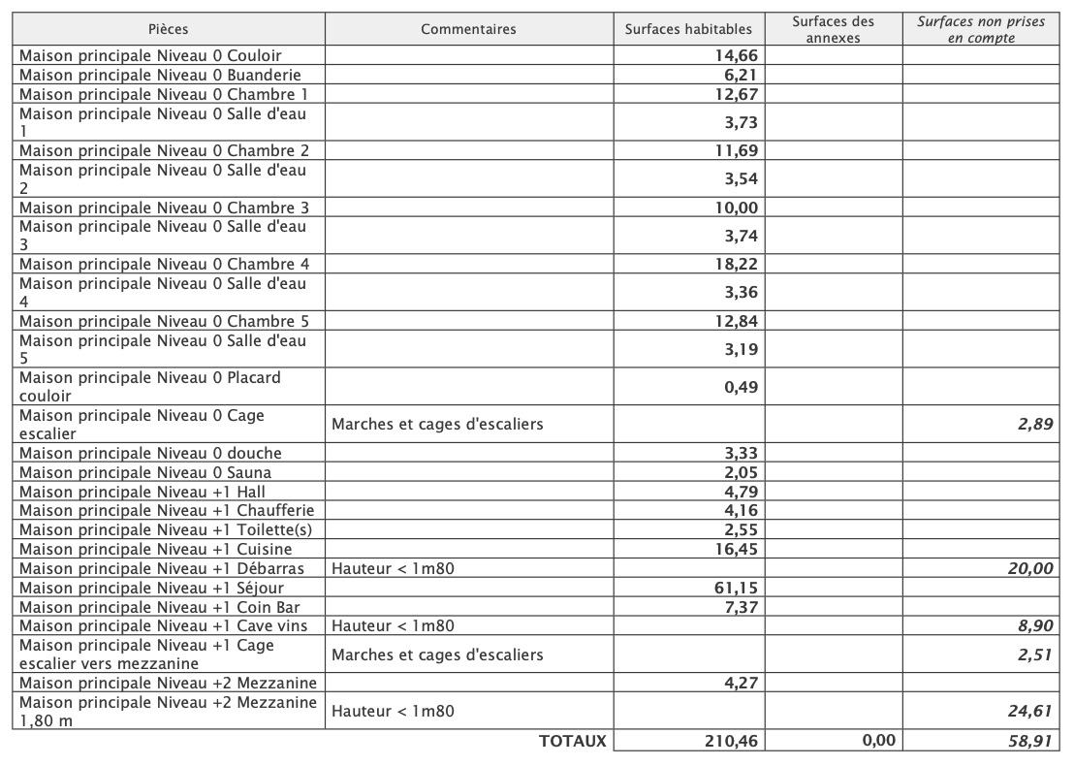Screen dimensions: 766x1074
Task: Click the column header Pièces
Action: (x=169, y=29)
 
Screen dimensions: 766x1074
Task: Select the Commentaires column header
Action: (x=468, y=29)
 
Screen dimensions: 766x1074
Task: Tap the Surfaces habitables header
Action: (x=688, y=29)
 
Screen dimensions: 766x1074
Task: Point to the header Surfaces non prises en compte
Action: (x=981, y=29)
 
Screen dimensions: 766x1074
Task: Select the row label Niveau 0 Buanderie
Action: (x=160, y=75)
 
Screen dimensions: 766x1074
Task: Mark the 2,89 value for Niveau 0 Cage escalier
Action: (x=1035, y=424)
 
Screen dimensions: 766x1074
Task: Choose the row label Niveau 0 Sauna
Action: (x=145, y=472)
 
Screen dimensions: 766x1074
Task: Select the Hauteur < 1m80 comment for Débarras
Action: (x=393, y=568)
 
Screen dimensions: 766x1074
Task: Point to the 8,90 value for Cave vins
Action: (x=1035, y=625)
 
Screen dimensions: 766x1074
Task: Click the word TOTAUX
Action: (x=572, y=741)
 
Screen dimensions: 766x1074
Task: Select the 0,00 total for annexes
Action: (x=878, y=742)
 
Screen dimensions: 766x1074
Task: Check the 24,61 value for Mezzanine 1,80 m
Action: (x=1030, y=711)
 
